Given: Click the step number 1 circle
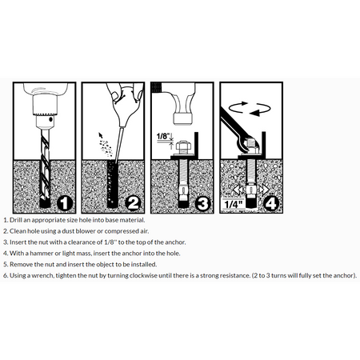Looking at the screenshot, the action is click(x=65, y=204).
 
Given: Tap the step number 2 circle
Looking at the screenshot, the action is click(x=134, y=204).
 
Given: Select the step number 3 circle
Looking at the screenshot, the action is click(x=202, y=204).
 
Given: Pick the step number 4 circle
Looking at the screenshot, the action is click(x=271, y=204).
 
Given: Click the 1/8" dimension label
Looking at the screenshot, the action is click(x=163, y=136).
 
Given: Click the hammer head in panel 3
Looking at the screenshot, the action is click(x=183, y=118).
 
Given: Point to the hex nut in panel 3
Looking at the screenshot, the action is click(x=183, y=146).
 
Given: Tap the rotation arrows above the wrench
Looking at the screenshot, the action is click(x=250, y=109).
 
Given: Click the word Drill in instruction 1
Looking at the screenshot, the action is click(x=15, y=220).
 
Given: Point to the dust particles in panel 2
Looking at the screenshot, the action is click(x=106, y=146).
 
